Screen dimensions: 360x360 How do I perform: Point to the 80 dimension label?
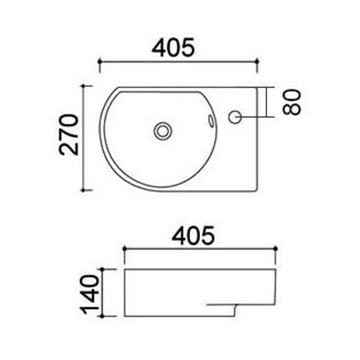(x=291, y=102)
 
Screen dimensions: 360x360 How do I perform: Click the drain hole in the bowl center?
(x=163, y=131)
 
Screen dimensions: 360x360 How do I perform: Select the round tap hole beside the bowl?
(x=235, y=116)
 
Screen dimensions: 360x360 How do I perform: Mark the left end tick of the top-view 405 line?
(x=99, y=62)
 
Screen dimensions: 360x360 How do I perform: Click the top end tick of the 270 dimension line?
(x=87, y=86)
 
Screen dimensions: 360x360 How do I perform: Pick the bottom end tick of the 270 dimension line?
(x=87, y=189)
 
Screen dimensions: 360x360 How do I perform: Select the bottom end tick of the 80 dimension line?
(x=269, y=117)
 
